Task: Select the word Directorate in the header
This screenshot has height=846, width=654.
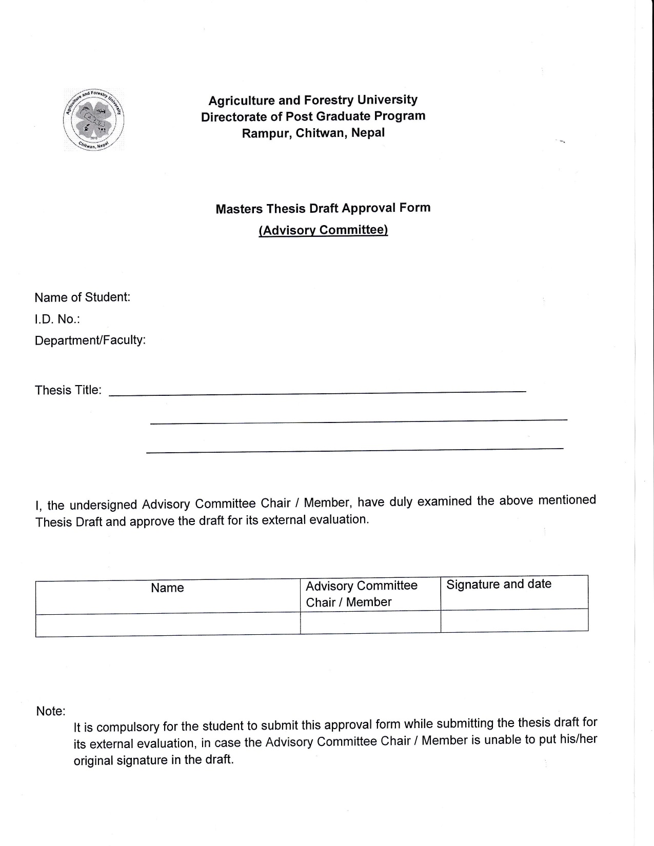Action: tap(234, 117)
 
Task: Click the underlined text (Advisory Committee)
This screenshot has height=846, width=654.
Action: tap(323, 230)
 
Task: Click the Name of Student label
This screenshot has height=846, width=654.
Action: tap(82, 297)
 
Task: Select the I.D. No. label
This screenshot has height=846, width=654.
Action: tap(57, 319)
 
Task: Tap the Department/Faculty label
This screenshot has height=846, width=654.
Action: tap(90, 340)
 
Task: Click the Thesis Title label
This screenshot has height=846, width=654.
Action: tap(68, 390)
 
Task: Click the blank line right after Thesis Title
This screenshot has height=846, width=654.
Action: tap(318, 392)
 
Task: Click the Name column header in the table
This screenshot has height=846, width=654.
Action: tap(167, 588)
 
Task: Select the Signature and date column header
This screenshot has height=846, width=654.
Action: tap(499, 585)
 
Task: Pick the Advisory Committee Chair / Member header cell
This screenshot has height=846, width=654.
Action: tap(362, 594)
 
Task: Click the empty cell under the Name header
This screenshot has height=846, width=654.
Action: tap(167, 625)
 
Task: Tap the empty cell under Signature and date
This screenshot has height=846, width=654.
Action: tap(514, 620)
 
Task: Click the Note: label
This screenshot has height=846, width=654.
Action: tap(51, 712)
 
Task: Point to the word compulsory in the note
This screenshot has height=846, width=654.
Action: tap(128, 727)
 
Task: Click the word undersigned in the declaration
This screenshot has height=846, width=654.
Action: tap(103, 505)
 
